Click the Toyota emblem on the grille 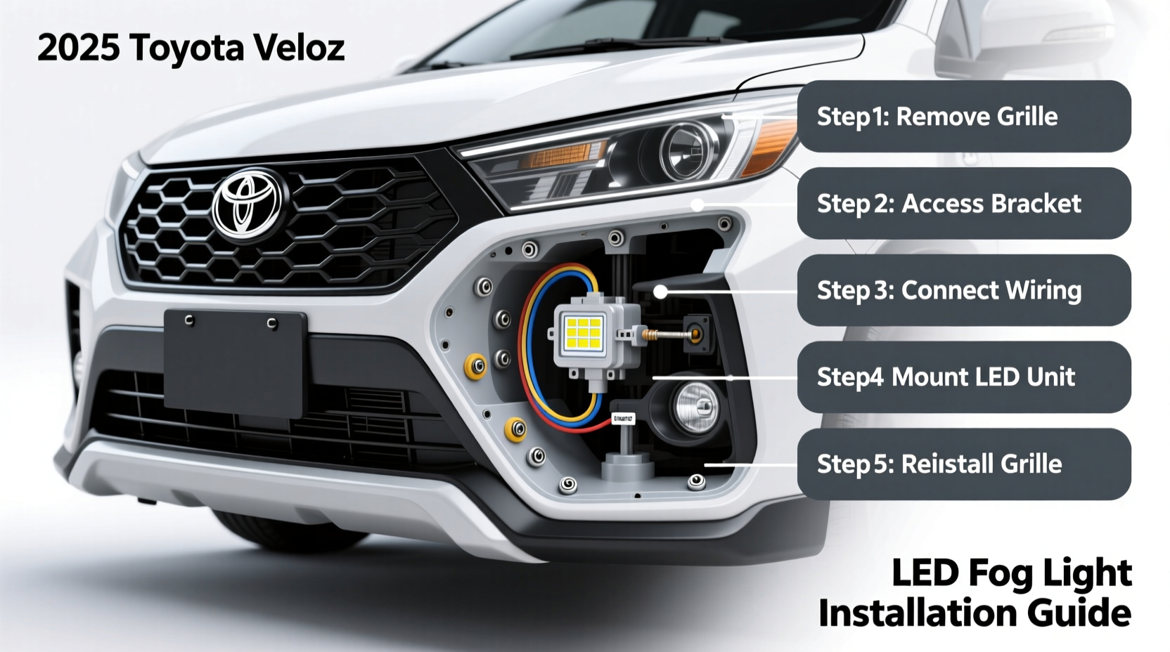(247, 204)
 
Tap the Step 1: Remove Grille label (963, 117)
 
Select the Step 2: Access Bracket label (963, 204)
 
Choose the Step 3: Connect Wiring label (963, 290)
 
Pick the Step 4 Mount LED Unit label (963, 377)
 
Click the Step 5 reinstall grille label (963, 464)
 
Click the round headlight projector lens (686, 150)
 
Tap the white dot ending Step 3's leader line (660, 292)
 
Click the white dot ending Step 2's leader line (697, 204)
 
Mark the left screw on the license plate (189, 320)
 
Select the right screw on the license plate (272, 323)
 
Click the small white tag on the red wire (623, 419)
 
